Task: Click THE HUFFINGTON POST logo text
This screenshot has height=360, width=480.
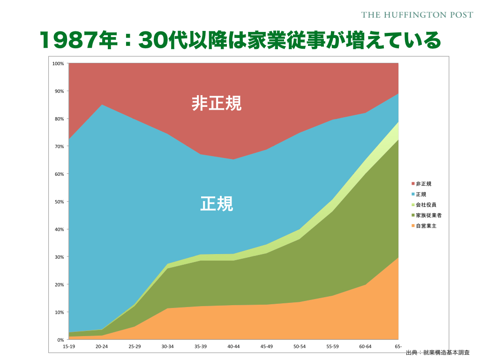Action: [417, 15]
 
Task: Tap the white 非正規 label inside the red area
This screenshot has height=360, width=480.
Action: [217, 104]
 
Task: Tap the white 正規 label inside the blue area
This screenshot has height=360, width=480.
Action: [217, 204]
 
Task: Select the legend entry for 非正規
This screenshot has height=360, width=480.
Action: [424, 184]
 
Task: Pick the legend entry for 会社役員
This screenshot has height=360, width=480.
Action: [426, 205]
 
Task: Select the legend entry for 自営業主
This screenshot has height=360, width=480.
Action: [426, 226]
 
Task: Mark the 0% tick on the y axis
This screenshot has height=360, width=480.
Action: [60, 340]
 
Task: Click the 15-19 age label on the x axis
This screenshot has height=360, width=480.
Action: [69, 346]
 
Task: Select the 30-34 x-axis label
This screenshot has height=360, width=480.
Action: [167, 346]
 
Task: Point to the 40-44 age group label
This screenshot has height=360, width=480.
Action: [233, 346]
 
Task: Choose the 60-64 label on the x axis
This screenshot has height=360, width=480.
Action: [365, 346]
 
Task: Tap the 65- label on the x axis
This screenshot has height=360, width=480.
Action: [398, 346]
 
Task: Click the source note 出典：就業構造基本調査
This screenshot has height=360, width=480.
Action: [437, 352]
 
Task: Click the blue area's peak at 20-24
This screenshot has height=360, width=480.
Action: [102, 105]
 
